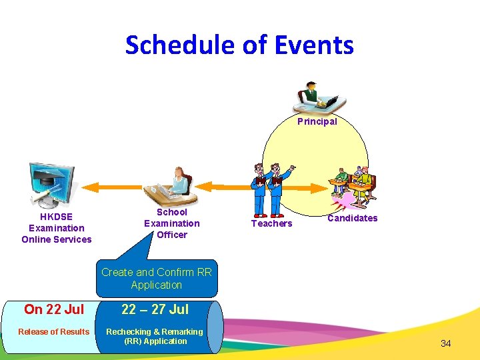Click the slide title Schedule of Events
tap(239, 45)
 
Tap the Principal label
tap(317, 121)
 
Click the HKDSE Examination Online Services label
tap(57, 228)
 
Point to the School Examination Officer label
tap(171, 223)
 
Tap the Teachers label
tap(271, 223)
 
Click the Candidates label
tap(352, 218)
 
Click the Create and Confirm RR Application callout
tap(157, 279)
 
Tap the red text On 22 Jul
tap(54, 309)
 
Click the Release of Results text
tap(53, 332)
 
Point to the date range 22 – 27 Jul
tap(155, 309)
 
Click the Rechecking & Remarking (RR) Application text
tap(155, 336)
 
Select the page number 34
tap(446, 343)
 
